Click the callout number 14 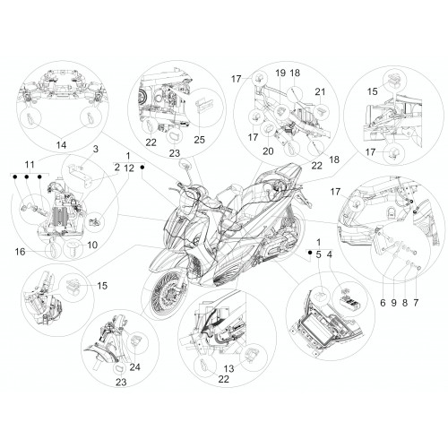tap(61, 145)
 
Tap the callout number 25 tap(200, 140)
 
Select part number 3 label tap(96, 149)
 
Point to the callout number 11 tap(30, 164)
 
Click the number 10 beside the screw tap(92, 245)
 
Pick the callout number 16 tap(21, 252)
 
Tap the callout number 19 tap(280, 73)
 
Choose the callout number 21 tap(320, 91)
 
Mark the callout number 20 tap(268, 151)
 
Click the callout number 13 tap(229, 369)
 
